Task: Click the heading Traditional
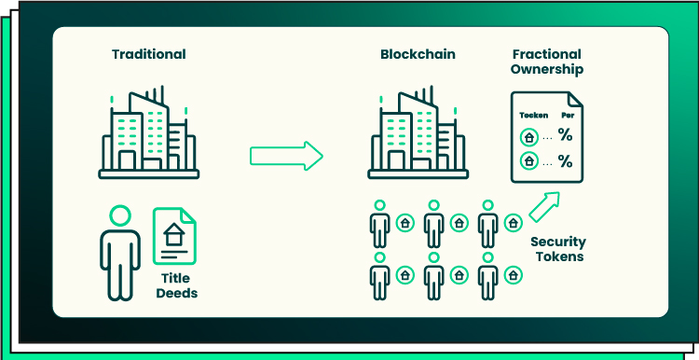pos(149,53)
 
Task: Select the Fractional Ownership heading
pos(546,62)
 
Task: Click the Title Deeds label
pos(179,286)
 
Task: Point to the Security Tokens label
pos(558,249)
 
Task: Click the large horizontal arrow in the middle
pos(285,155)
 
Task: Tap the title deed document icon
pos(175,238)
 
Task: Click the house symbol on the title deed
pos(174,236)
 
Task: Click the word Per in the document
pos(567,115)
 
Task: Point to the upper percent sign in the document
pos(565,136)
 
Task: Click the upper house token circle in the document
pos(529,137)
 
